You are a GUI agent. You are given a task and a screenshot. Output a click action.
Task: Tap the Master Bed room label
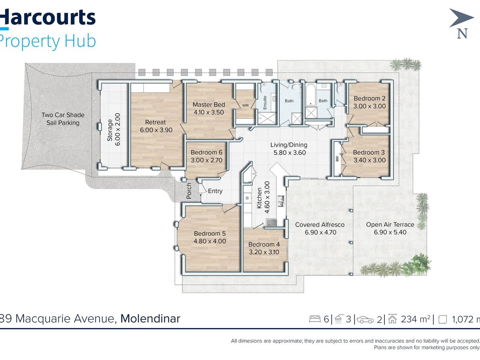click(209, 105)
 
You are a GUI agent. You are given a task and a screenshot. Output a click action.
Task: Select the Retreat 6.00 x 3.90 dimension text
click(156, 130)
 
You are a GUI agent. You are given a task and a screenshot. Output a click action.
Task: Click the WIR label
click(245, 106)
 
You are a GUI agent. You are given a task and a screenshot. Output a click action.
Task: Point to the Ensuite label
click(265, 102)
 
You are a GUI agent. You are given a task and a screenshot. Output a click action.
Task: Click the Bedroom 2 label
click(369, 98)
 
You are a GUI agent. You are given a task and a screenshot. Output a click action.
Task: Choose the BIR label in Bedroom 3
click(337, 159)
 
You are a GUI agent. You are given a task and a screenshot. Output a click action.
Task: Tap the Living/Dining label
click(289, 145)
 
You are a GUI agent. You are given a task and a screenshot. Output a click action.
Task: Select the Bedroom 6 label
click(206, 152)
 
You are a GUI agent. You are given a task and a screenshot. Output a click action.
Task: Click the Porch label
click(189, 191)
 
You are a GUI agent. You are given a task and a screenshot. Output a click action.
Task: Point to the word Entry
click(215, 191)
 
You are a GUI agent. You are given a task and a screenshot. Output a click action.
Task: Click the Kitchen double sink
click(280, 201)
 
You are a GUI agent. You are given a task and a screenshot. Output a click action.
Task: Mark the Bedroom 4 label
click(264, 244)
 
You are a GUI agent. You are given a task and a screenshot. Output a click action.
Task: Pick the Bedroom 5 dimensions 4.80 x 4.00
click(210, 241)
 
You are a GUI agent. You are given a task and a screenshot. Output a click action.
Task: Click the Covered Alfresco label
click(320, 225)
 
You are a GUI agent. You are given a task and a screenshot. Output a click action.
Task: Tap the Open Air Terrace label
click(390, 225)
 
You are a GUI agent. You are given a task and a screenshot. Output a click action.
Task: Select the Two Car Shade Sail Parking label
click(63, 119)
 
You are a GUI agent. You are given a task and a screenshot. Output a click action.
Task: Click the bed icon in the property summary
click(315, 319)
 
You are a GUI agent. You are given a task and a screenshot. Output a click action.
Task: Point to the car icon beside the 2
click(365, 320)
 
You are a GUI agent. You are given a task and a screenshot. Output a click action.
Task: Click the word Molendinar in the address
click(150, 318)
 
